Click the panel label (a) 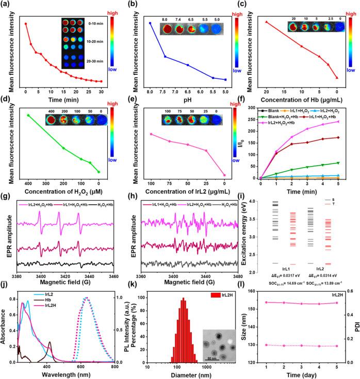point(8,5)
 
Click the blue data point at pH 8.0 point(150,23)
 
